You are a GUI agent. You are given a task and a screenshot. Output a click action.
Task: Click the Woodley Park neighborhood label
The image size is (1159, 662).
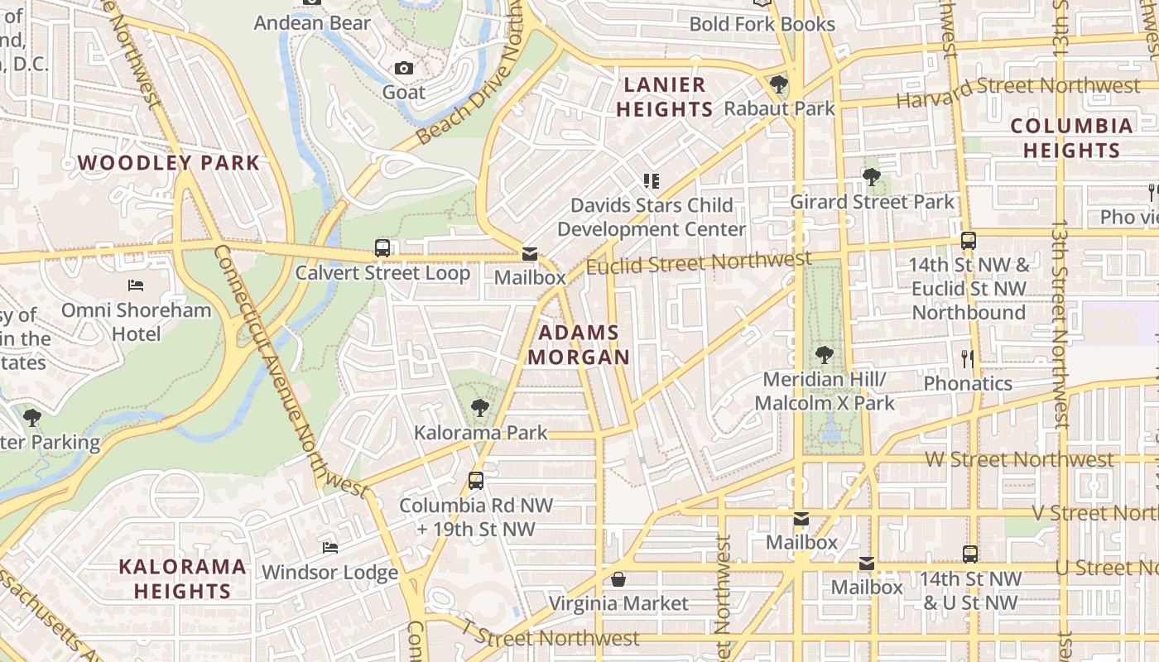coord(169,162)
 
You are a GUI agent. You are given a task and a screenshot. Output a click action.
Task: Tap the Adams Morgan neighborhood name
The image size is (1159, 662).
coord(579,345)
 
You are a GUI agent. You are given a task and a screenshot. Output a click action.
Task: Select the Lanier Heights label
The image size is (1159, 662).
coord(665,97)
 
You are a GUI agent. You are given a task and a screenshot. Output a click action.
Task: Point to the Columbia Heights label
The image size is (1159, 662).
coord(1071,138)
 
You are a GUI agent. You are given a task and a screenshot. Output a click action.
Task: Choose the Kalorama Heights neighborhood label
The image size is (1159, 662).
coord(182,578)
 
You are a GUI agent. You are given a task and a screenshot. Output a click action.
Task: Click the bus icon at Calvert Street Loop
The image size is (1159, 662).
coord(382,247)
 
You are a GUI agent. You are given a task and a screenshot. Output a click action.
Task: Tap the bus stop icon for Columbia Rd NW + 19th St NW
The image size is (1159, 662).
coord(476,480)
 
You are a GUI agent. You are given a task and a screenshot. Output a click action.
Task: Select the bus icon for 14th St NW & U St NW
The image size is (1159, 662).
coord(970,554)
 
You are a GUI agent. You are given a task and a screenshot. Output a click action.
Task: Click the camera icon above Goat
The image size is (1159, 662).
coord(404,68)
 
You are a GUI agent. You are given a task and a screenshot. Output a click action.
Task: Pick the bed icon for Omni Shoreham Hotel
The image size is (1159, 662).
coord(137,285)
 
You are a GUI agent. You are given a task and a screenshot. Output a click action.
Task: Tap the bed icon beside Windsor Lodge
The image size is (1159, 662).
coord(329,547)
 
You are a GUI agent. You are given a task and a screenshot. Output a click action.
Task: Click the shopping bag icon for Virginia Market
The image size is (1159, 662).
coord(618,579)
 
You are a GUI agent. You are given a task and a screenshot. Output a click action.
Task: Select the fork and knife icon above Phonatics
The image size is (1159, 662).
coord(967,358)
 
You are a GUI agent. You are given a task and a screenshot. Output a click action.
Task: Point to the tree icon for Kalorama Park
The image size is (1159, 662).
coord(479,407)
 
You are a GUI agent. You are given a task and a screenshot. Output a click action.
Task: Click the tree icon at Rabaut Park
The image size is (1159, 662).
coord(778,84)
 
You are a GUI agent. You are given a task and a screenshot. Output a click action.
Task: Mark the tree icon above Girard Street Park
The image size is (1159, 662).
coord(871,176)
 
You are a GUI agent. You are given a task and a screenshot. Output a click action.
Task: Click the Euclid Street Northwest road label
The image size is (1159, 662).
coord(699,263)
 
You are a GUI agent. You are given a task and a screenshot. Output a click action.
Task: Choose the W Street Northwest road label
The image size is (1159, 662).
coord(1019,459)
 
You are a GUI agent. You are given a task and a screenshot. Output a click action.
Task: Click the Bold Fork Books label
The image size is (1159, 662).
coord(762,24)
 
